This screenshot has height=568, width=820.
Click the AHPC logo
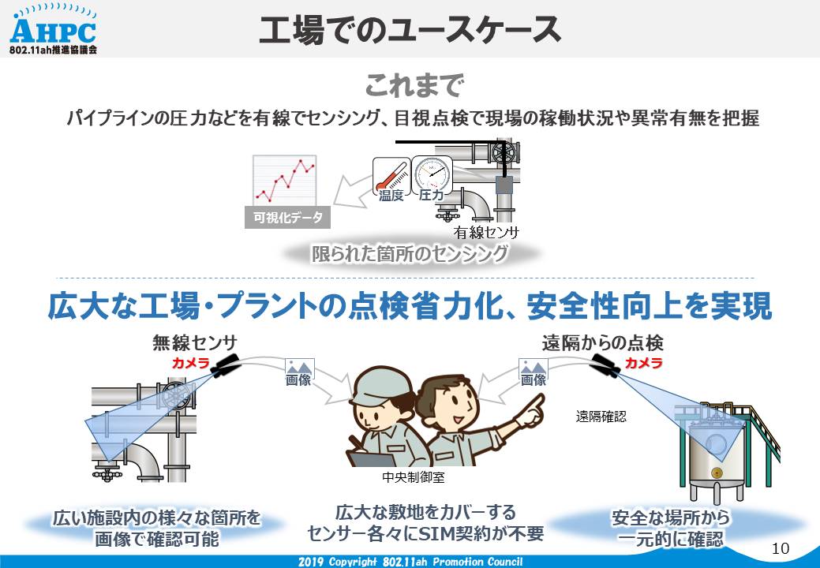pos(53,30)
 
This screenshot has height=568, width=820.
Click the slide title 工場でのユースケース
pos(410,30)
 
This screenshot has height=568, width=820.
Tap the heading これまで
pos(414,86)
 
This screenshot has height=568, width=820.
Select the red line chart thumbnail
pos(284,180)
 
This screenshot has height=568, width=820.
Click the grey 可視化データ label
pos(287,217)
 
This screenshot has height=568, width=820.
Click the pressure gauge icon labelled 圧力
pos(432,174)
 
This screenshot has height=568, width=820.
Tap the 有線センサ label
pos(486,231)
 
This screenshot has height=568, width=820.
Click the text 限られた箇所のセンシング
pos(410,254)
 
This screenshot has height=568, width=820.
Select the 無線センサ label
pos(195,343)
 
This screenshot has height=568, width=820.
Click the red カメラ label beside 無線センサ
pos(190,363)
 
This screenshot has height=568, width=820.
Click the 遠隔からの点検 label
pos(602,343)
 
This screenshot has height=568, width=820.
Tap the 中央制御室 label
pos(413,477)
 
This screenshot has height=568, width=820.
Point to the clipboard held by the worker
pos(371,459)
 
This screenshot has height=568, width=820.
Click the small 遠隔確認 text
pos(601,417)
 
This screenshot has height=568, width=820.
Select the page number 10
pos(781,548)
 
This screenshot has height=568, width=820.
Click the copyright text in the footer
pos(410,562)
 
